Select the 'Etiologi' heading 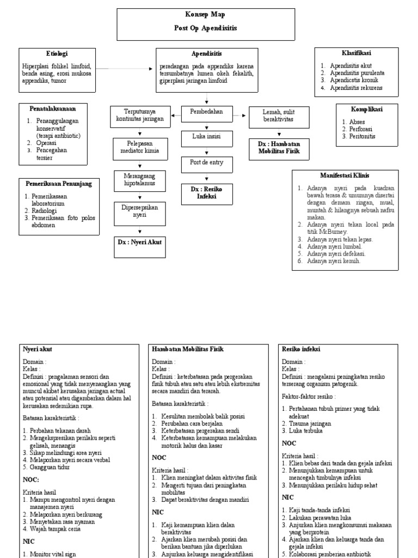click(x=57, y=53)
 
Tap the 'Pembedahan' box click(x=206, y=112)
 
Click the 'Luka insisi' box click(x=206, y=137)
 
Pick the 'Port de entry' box click(x=206, y=162)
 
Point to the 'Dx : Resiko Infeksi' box click(x=206, y=192)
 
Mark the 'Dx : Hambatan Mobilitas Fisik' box click(x=279, y=148)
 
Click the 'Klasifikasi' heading click(x=356, y=53)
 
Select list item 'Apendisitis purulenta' click(x=356, y=72)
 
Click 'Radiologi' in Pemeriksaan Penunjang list click(x=43, y=210)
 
